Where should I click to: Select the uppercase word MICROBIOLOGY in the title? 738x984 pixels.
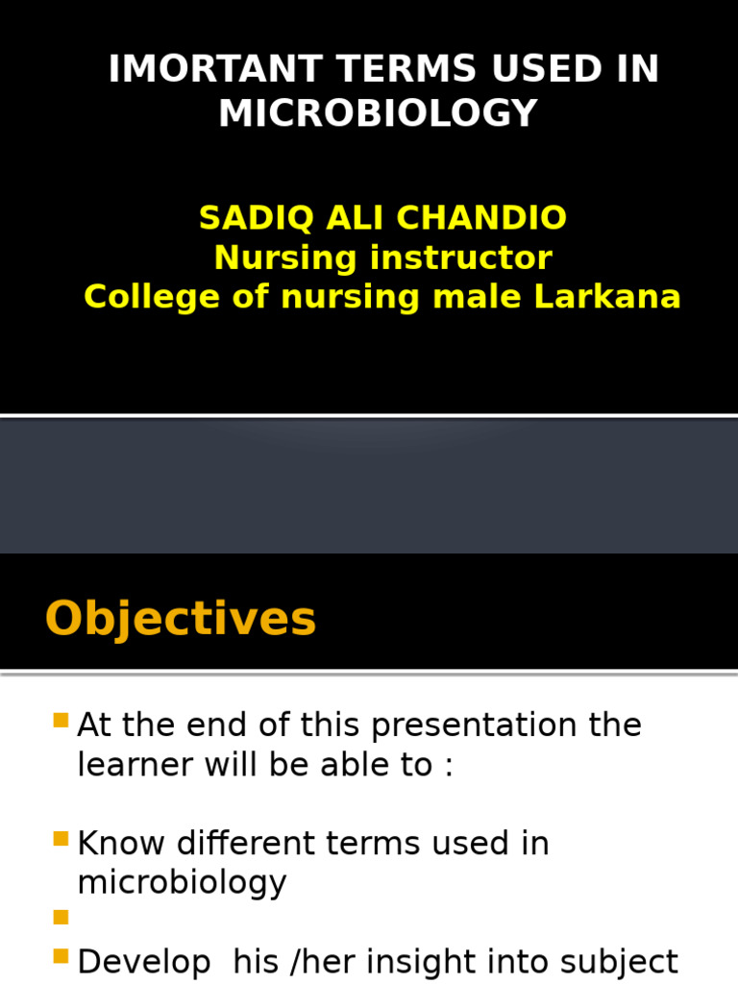[x=378, y=114]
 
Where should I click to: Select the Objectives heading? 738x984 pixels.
[x=181, y=619]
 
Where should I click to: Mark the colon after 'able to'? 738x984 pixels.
[x=448, y=767]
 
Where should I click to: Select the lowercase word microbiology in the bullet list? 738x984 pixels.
[x=182, y=883]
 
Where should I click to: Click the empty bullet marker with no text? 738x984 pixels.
[x=61, y=918]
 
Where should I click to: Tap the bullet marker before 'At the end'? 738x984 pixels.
[x=61, y=721]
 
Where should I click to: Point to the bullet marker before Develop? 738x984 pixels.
[x=61, y=957]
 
